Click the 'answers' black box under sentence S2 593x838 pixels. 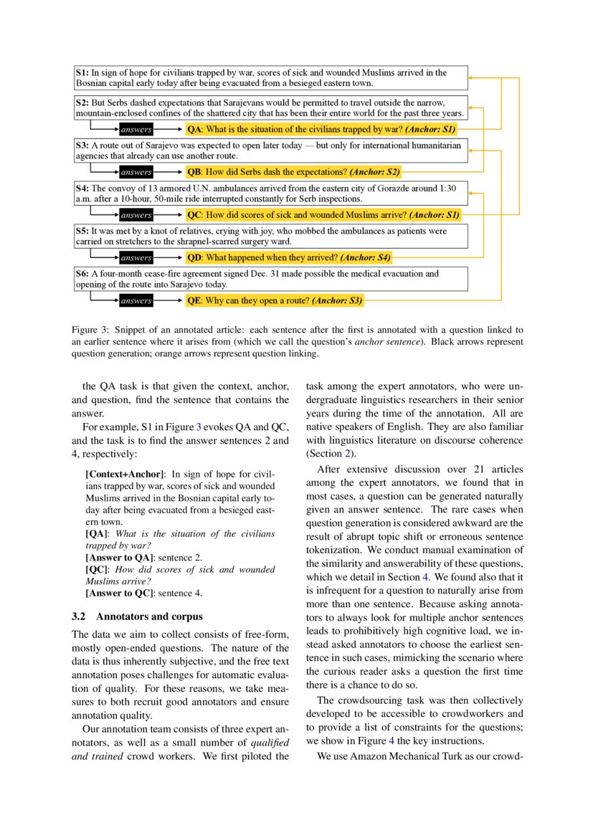click(x=136, y=130)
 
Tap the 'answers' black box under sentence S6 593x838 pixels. click(x=136, y=301)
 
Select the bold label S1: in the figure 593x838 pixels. click(x=82, y=72)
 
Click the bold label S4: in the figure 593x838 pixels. click(x=82, y=188)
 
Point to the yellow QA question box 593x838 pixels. click(x=320, y=130)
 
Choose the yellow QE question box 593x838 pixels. click(x=275, y=301)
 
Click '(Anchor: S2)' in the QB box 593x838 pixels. click(x=374, y=172)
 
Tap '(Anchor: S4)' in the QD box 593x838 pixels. click(x=365, y=257)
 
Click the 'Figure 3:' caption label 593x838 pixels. click(x=90, y=330)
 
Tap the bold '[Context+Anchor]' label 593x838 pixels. click(x=125, y=474)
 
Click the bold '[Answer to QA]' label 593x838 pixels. click(x=118, y=557)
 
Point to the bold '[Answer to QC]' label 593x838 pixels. click(x=118, y=593)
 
